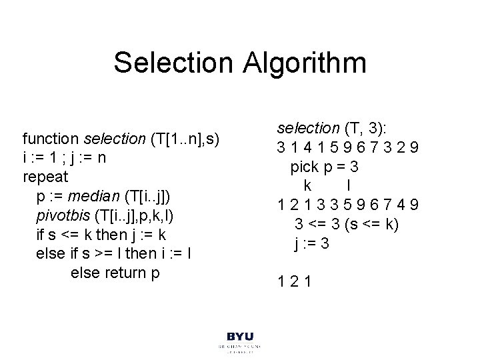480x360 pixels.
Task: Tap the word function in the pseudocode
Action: [51, 139]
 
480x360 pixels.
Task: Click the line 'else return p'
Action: [115, 273]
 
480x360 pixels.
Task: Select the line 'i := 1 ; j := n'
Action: [64, 159]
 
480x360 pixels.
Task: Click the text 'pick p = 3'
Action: [329, 165]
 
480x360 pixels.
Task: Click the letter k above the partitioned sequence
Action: [307, 185]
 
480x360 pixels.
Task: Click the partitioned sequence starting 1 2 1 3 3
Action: [349, 204]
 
